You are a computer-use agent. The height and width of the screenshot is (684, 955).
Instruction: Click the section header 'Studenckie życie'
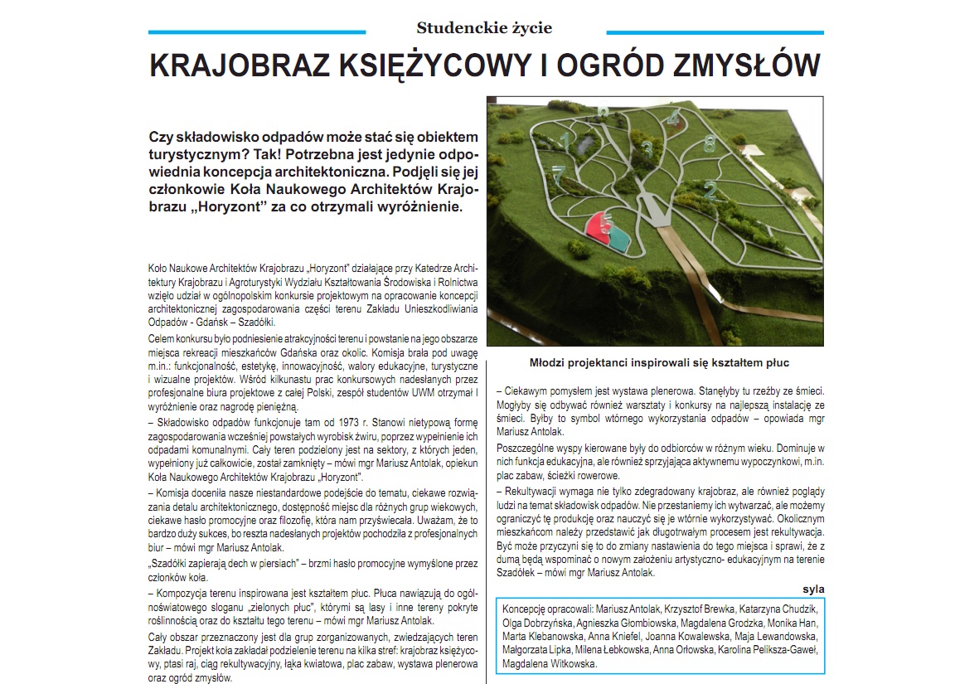pos(484,28)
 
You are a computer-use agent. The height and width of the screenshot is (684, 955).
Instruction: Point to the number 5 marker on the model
pos(607,224)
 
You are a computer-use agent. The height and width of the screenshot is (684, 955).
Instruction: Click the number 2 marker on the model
pos(710,190)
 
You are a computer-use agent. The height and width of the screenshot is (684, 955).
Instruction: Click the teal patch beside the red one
pos(620,240)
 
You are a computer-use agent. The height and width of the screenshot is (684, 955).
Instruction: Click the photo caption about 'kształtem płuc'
pos(659,363)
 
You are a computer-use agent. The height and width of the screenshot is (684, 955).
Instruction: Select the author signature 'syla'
pos(812,589)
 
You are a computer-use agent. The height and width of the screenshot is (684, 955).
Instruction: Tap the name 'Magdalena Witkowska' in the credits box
pos(550,663)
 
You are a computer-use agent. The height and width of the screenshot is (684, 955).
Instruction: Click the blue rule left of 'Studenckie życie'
pos(256,32)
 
